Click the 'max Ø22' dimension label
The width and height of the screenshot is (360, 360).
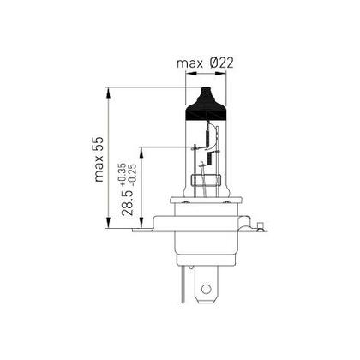pyautogui.click(x=206, y=63)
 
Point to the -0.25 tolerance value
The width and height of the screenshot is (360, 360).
pyautogui.click(x=132, y=180)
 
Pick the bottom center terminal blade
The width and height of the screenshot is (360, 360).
pyautogui.click(x=204, y=290)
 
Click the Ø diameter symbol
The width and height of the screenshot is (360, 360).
pyautogui.click(x=214, y=63)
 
